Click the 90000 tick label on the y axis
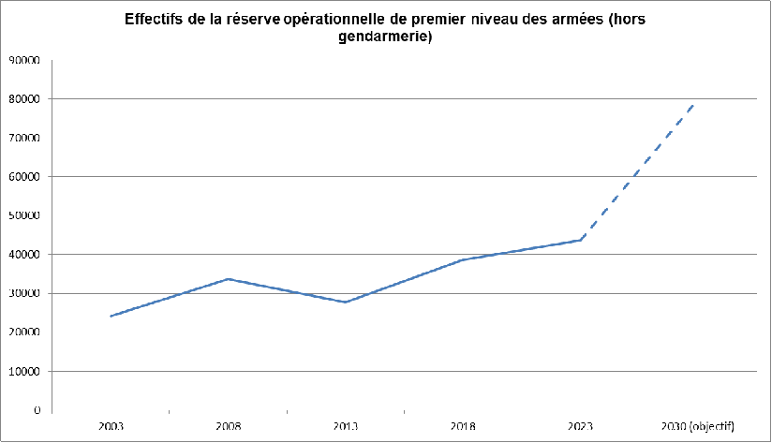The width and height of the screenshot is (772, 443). click(23, 60)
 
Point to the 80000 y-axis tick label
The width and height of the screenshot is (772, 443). click(23, 98)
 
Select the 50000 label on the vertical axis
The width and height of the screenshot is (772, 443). click(23, 215)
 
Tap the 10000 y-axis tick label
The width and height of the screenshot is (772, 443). click(23, 371)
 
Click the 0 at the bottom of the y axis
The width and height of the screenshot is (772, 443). click(36, 410)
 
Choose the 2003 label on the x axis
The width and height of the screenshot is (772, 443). click(111, 426)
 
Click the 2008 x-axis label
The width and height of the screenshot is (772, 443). click(228, 426)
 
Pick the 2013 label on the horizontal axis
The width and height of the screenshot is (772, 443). click(346, 426)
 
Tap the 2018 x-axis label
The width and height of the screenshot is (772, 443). click(464, 426)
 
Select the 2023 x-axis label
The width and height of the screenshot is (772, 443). click(581, 426)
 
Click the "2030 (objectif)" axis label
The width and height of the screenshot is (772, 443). click(698, 426)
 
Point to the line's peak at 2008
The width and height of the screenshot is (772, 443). click(228, 279)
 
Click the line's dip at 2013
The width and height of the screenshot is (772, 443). click(346, 302)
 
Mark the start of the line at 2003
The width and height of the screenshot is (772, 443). click(111, 316)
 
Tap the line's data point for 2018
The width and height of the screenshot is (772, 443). click(464, 259)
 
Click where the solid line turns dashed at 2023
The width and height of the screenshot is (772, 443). click(581, 240)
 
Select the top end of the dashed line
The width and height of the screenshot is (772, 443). click(694, 103)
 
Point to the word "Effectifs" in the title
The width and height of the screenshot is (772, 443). click(156, 21)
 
